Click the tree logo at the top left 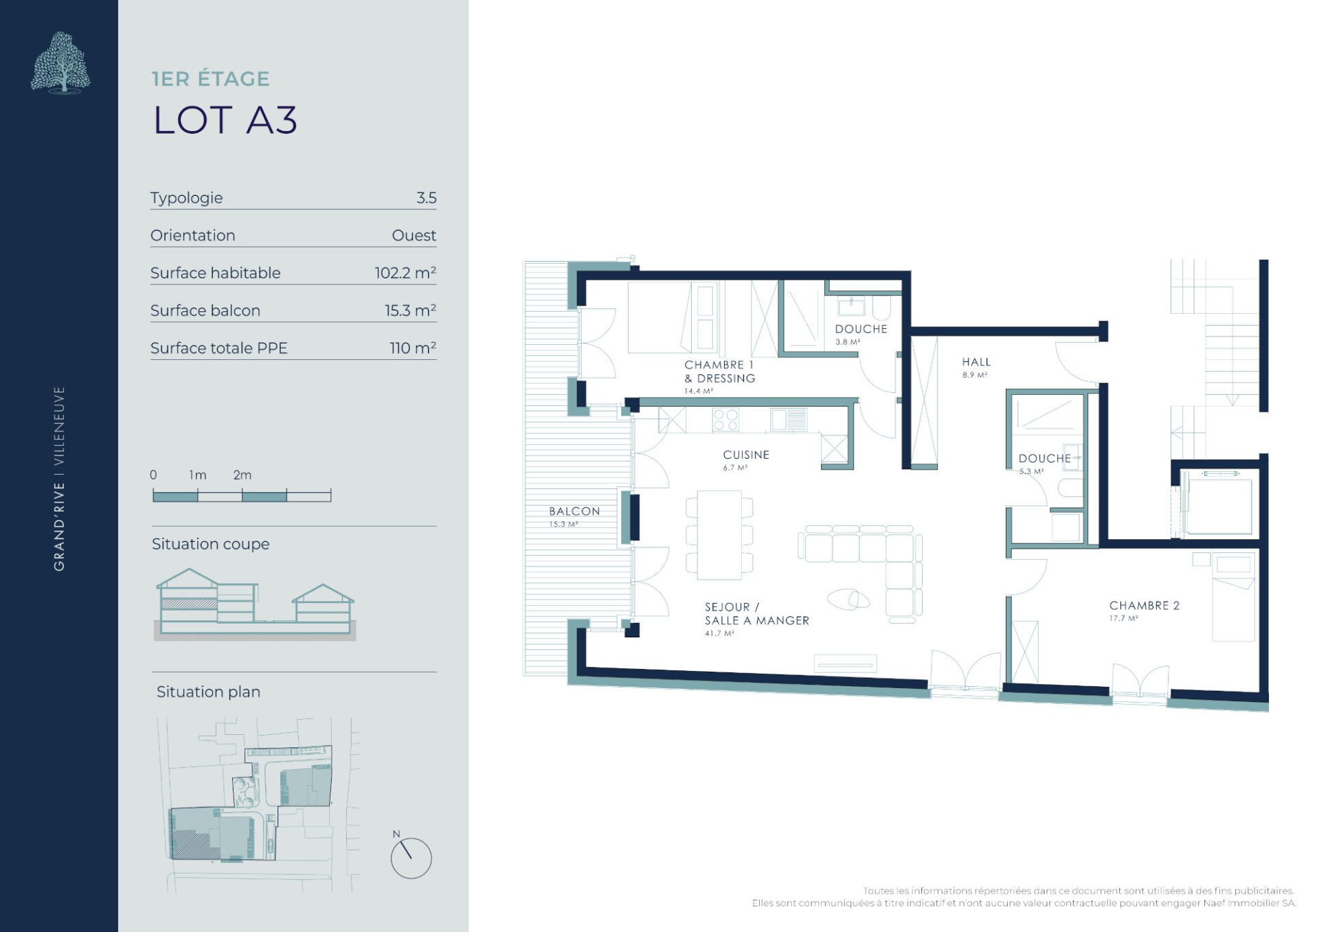(x=60, y=62)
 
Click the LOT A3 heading (x=225, y=120)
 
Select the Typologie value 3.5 (x=426, y=198)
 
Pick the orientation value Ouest (x=414, y=236)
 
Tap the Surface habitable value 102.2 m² (x=405, y=273)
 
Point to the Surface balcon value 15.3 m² (x=410, y=310)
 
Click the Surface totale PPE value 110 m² (x=413, y=348)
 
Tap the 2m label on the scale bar (x=243, y=475)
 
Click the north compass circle (x=411, y=858)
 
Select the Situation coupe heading (x=210, y=544)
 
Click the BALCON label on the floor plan (x=574, y=511)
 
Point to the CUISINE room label (x=746, y=455)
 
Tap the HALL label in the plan (x=976, y=362)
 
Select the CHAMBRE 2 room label (x=1145, y=605)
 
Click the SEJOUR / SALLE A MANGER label (x=757, y=614)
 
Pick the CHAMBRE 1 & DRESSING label (x=720, y=372)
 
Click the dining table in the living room (x=719, y=534)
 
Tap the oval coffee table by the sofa (x=848, y=600)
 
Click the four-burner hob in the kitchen (x=725, y=420)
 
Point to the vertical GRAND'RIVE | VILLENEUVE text (x=60, y=478)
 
